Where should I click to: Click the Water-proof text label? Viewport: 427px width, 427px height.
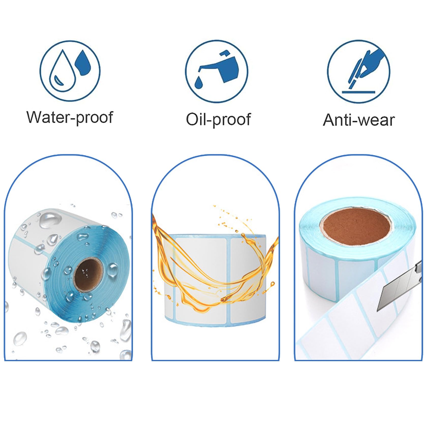click(70, 117)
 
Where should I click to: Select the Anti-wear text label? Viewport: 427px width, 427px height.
click(359, 120)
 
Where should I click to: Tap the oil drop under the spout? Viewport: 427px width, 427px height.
click(199, 82)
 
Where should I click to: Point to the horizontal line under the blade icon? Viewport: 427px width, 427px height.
click(358, 91)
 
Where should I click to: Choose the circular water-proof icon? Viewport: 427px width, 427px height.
click(70, 70)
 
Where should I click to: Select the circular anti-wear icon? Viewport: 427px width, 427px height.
click(358, 71)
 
